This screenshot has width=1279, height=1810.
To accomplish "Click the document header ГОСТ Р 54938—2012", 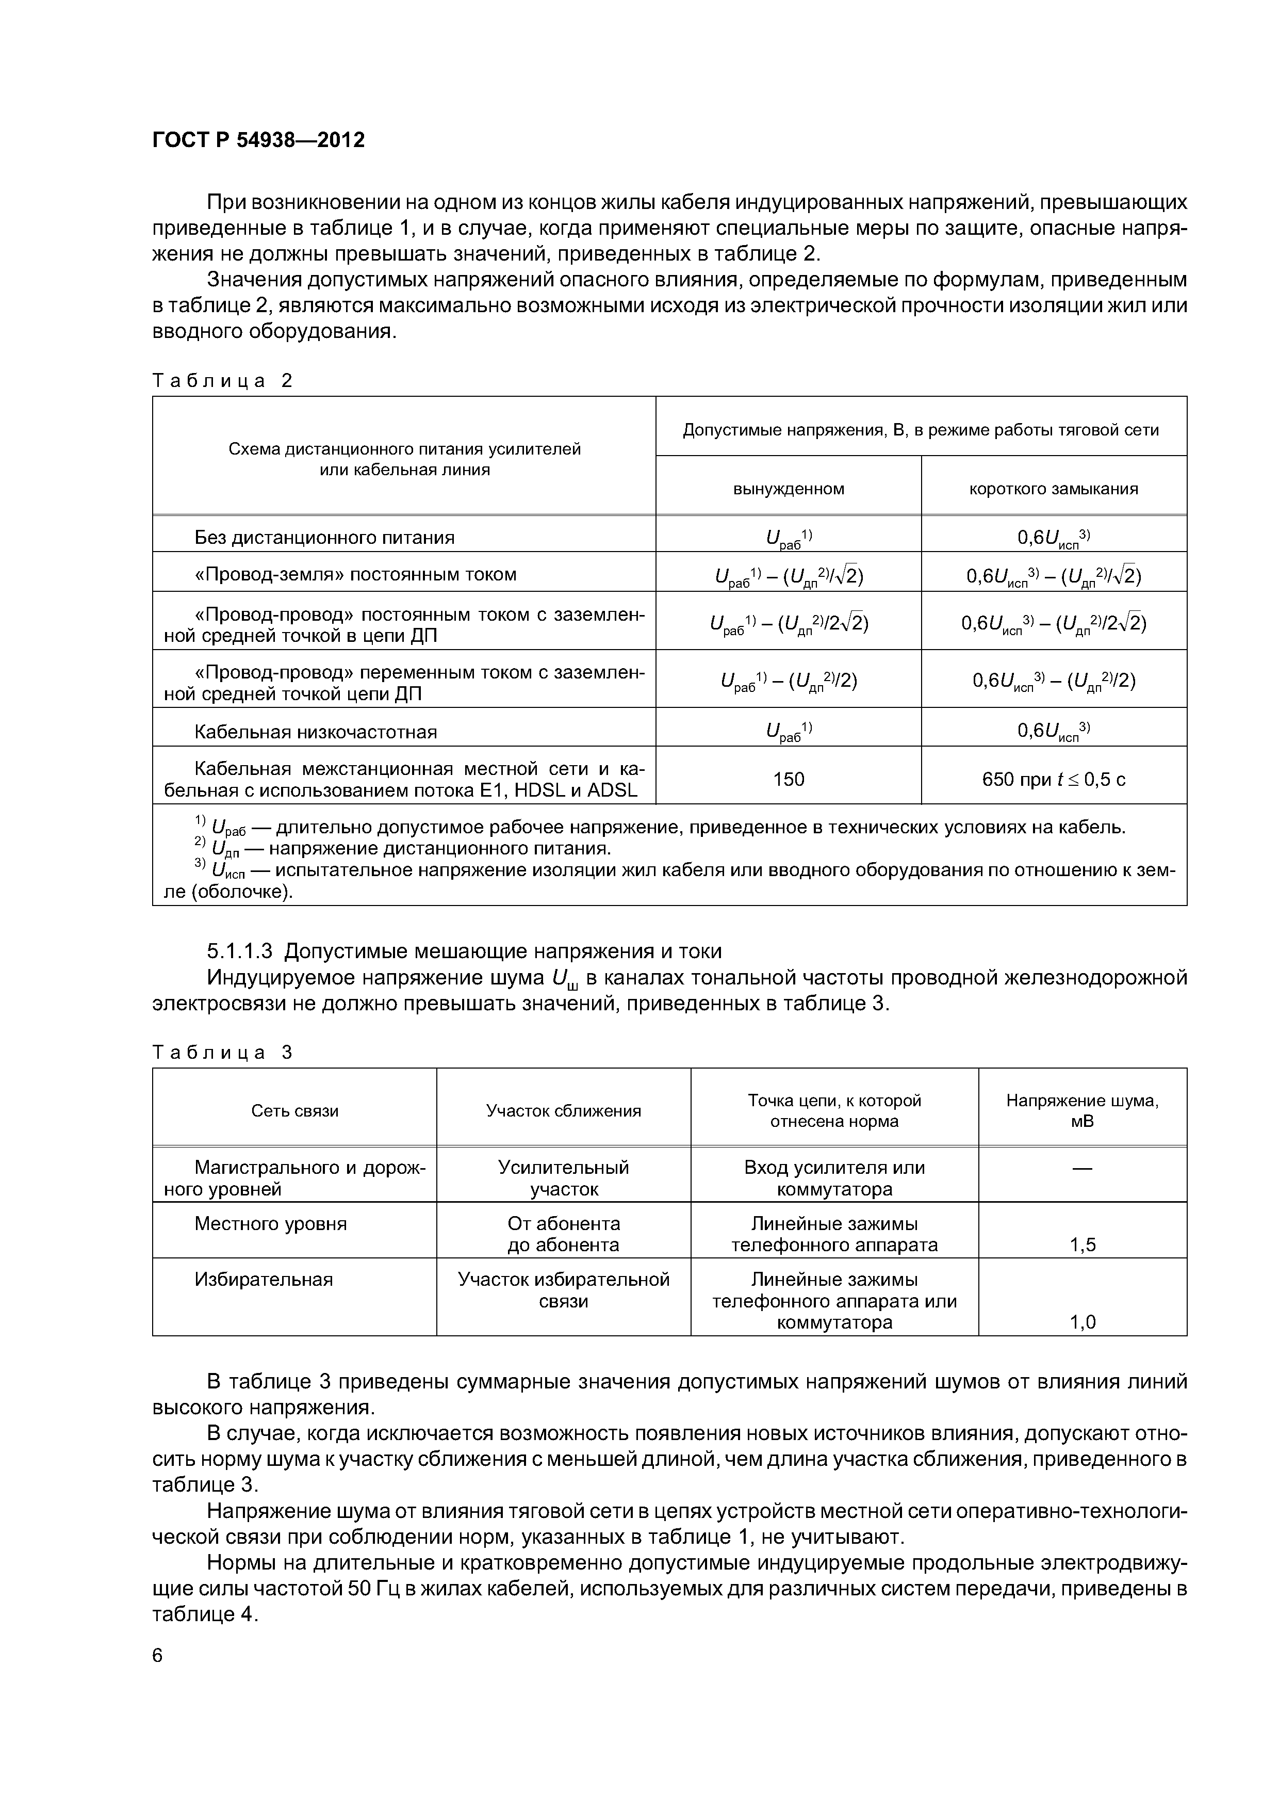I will coord(258,140).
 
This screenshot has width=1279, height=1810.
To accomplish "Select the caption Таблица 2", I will coord(222,381).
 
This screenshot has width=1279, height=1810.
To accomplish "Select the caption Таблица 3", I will coord(222,1053).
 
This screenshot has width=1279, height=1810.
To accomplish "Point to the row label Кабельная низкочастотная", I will coord(315,732).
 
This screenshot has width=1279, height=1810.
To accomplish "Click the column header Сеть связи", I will coord(294,1111).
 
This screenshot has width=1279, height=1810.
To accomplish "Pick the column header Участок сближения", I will coord(564,1111).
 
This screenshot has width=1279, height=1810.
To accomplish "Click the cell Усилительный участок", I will coord(564,1178).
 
